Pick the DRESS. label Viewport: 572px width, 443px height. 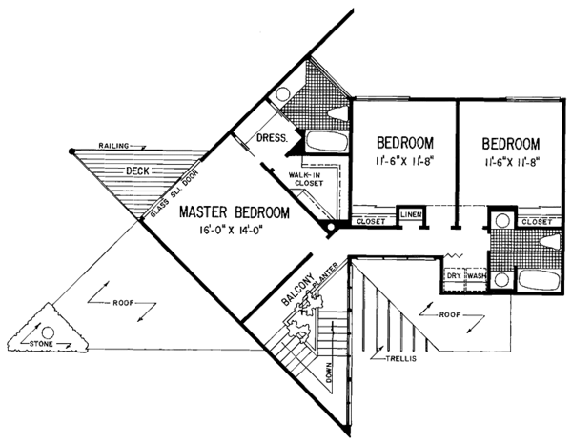click(x=274, y=138)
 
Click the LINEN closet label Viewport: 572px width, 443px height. click(x=411, y=213)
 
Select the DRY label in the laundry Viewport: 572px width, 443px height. click(x=454, y=276)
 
